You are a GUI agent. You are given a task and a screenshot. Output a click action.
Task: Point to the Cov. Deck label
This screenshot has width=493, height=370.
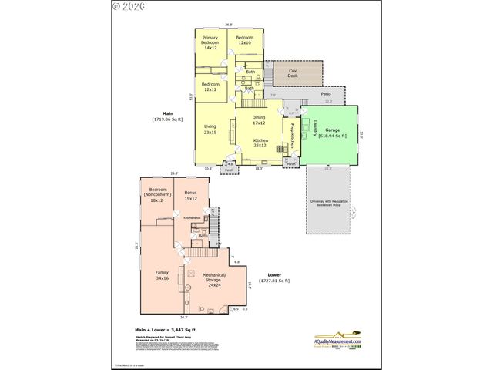pyautogui.click(x=293, y=73)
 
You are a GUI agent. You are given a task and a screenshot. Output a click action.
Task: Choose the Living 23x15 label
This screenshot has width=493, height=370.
pyautogui.click(x=210, y=129)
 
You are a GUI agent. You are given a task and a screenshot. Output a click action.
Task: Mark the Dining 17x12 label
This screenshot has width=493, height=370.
pyautogui.click(x=259, y=120)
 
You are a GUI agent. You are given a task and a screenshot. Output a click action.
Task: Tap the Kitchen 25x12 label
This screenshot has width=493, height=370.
pyautogui.click(x=260, y=143)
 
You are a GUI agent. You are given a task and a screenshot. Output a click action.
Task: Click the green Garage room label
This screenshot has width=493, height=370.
pyautogui.click(x=332, y=133)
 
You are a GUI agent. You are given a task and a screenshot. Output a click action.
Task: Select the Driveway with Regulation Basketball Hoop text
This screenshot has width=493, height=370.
pyautogui.click(x=330, y=204)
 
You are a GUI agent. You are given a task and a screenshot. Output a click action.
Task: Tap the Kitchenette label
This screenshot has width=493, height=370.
pyautogui.click(x=192, y=218)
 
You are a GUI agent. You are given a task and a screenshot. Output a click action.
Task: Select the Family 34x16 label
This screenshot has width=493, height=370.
pyautogui.click(x=163, y=275)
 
